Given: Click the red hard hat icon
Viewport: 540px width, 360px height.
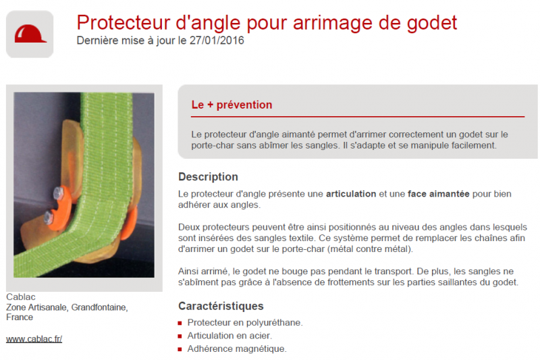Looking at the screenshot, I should click(30, 33).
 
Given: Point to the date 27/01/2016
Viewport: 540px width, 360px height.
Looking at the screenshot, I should click(219, 41).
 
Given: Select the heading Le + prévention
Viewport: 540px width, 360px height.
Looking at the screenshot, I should click(232, 105).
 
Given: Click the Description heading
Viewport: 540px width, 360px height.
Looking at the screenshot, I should click(208, 177).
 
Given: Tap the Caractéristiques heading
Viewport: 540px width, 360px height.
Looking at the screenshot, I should click(221, 306).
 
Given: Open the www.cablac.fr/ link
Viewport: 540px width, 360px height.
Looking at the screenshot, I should click(34, 339).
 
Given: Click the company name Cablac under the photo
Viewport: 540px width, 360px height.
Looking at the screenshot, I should click(20, 297).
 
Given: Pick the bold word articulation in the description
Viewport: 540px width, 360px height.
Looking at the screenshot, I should click(351, 194).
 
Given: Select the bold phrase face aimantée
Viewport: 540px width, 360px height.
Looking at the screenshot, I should click(438, 194).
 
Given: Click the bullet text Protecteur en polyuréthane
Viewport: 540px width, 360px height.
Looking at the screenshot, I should click(245, 323).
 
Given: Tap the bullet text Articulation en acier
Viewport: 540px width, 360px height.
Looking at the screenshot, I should click(230, 336).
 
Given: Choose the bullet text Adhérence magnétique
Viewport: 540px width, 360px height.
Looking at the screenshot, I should click(237, 349).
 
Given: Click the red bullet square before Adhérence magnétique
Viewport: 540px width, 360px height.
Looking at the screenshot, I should click(180, 349).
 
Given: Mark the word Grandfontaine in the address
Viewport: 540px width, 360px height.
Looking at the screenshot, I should click(97, 307).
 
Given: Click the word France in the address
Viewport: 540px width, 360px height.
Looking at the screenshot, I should click(20, 317).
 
